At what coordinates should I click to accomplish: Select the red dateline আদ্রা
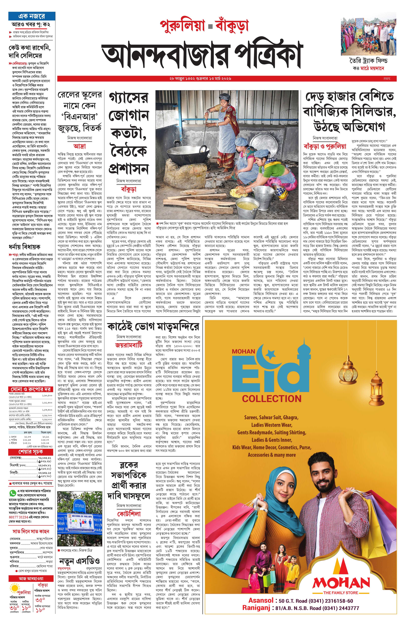[79, 146]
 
